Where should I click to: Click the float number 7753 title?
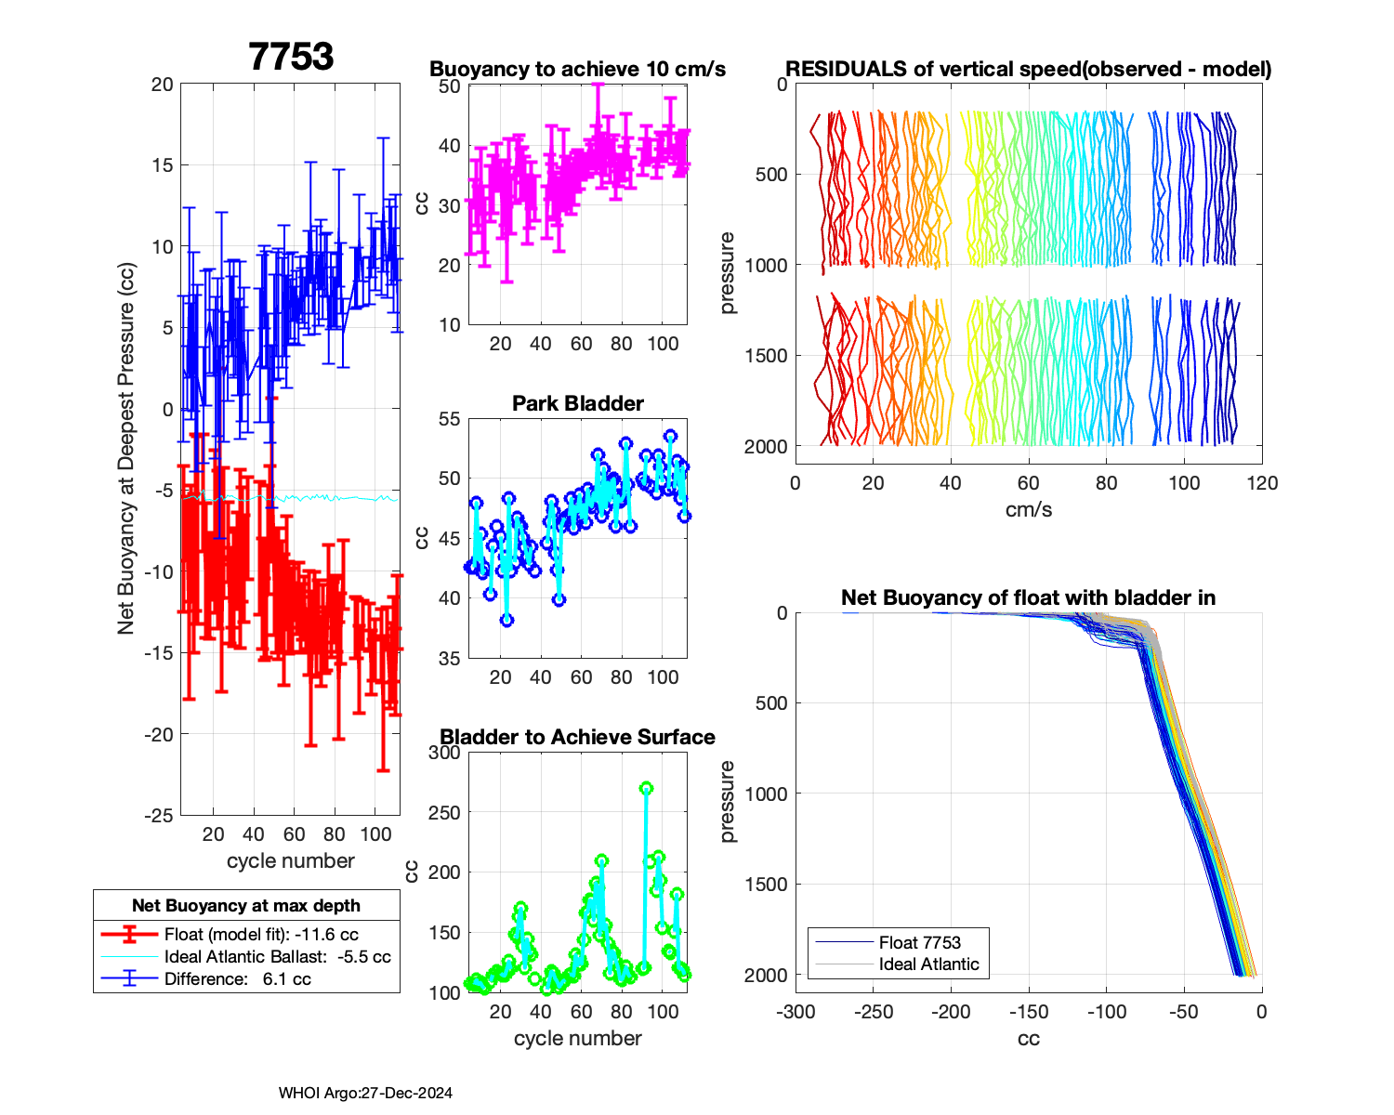click(291, 57)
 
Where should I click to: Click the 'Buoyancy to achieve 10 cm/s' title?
click(577, 69)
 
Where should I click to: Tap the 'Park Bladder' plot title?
click(577, 403)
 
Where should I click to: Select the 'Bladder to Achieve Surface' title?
click(577, 737)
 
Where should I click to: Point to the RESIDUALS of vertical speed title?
click(1028, 69)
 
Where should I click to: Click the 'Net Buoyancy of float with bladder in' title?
click(1028, 597)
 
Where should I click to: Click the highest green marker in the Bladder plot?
click(647, 788)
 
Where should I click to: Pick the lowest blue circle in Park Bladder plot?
click(506, 621)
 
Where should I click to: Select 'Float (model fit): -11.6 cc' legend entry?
click(261, 935)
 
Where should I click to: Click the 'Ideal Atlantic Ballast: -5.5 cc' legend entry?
click(277, 957)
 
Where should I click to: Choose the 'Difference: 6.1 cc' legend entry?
click(237, 978)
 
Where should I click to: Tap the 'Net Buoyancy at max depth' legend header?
click(246, 905)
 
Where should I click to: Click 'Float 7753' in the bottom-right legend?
click(919, 942)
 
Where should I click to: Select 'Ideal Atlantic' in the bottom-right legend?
click(928, 964)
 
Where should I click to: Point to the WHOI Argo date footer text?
click(365, 1093)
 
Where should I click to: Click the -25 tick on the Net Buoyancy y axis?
click(159, 815)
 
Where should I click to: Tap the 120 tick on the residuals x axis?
click(1262, 483)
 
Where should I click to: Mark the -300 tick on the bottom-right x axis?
click(796, 1012)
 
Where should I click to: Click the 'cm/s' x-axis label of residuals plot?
click(1028, 509)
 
